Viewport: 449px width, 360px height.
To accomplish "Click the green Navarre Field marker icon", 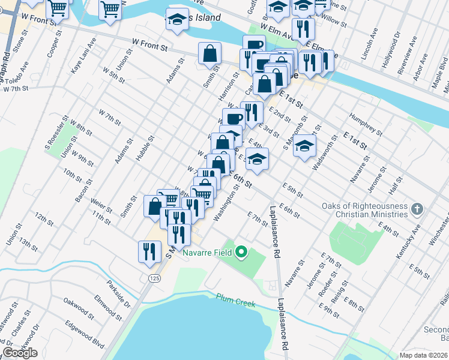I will [x=241, y=252].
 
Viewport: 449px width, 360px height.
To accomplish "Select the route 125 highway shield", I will [x=153, y=277].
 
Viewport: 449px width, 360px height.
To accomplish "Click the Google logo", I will [x=20, y=352].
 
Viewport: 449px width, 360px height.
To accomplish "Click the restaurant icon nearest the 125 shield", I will [x=149, y=251].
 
